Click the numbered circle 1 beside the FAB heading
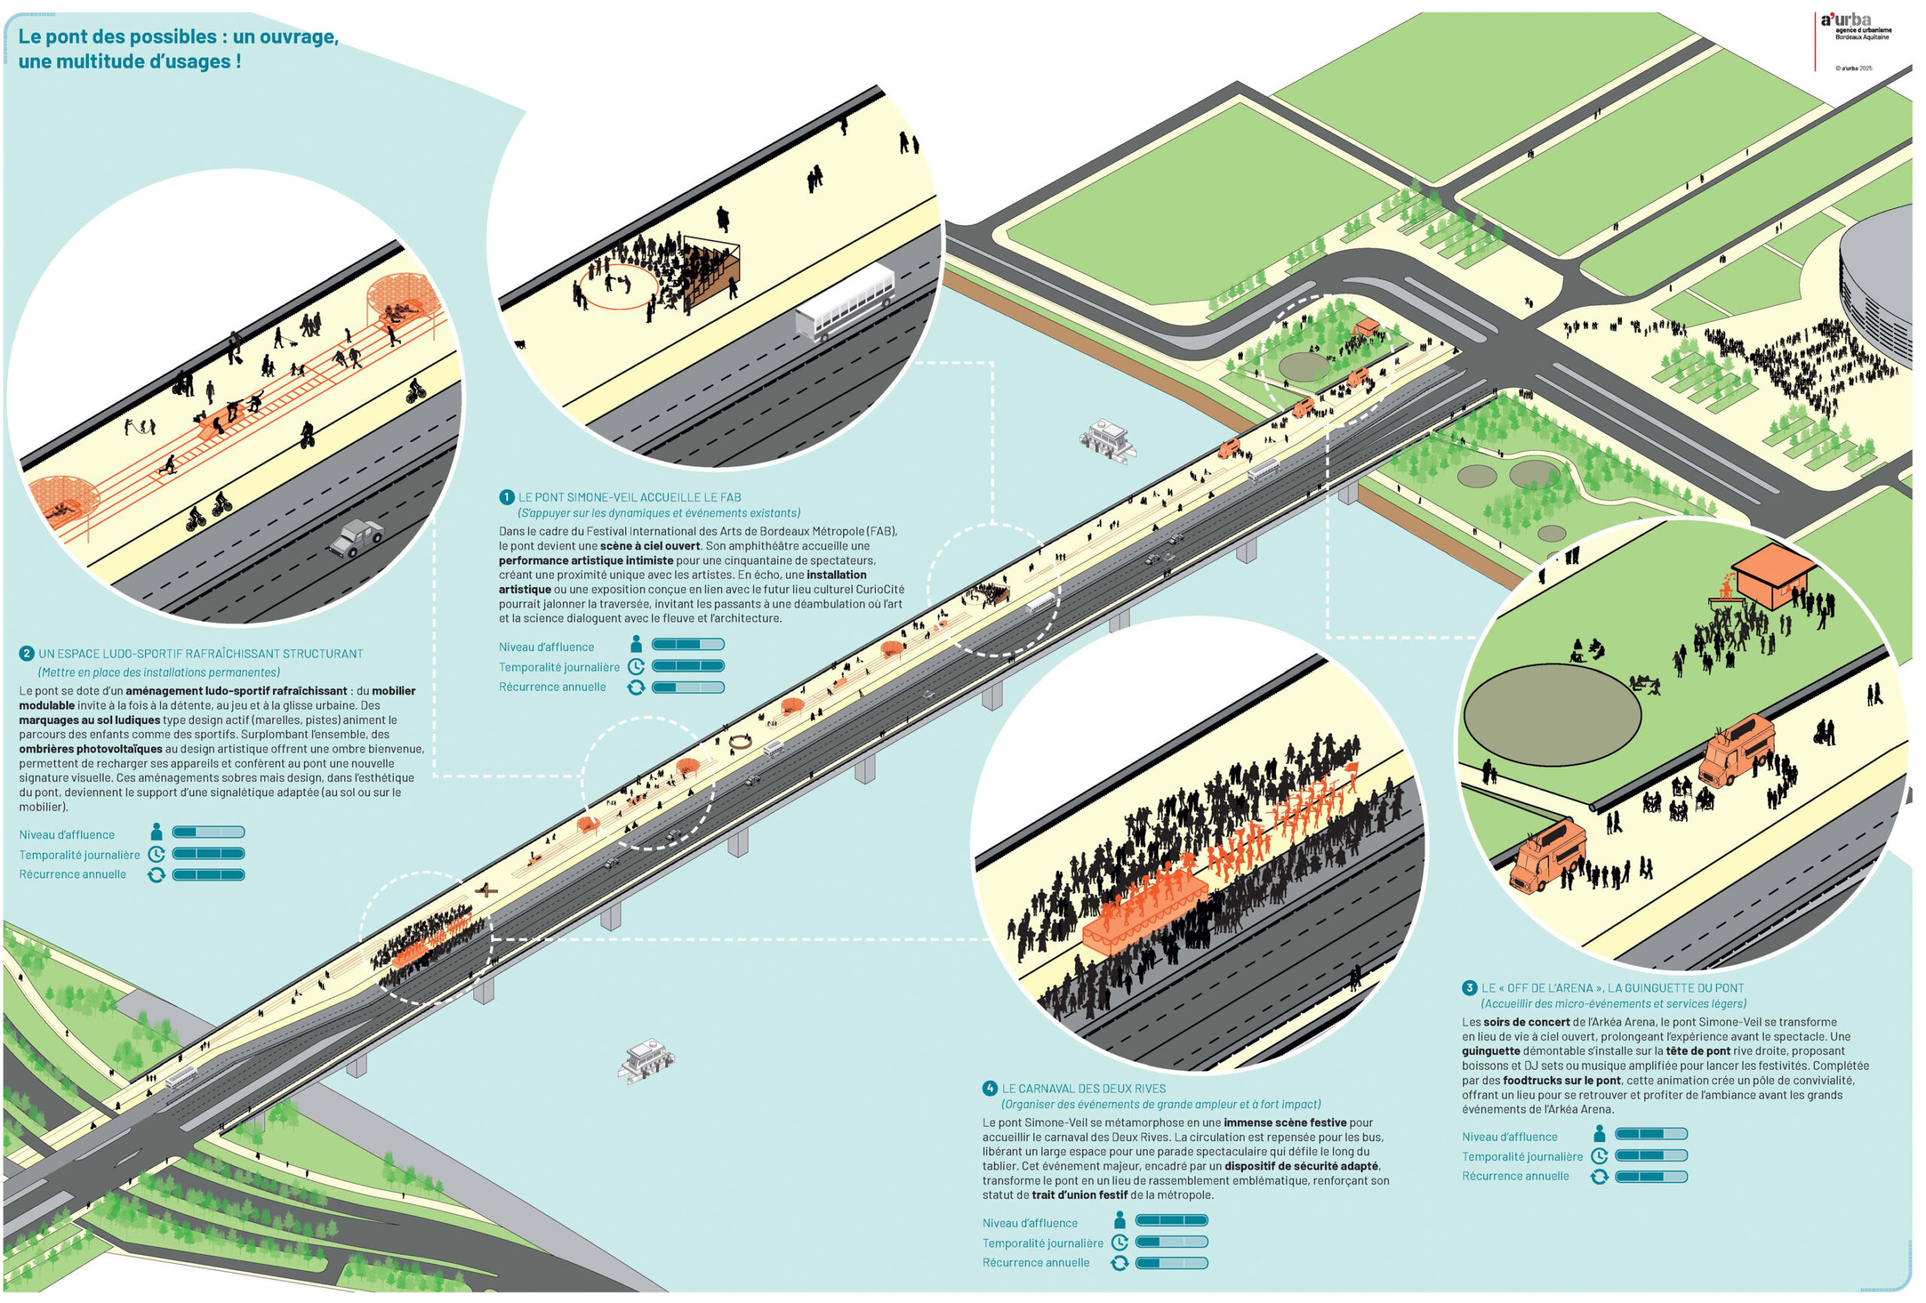click(x=507, y=497)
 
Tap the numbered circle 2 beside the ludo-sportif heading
click(x=26, y=654)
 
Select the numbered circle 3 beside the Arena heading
click(x=1469, y=988)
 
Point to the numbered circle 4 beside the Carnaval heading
click(x=989, y=1089)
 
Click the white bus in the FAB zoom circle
click(x=846, y=301)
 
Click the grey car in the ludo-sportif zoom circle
click(x=357, y=538)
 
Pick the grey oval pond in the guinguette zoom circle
click(x=1551, y=715)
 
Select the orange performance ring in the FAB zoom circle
click(x=618, y=287)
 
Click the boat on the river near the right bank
click(x=1108, y=439)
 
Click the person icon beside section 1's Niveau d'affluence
click(x=636, y=645)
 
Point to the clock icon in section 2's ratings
click(x=156, y=855)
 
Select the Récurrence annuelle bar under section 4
click(x=1171, y=1263)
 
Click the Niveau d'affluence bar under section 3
click(x=1651, y=1134)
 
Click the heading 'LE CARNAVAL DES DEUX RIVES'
click(x=1083, y=1089)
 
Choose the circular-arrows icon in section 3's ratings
click(x=1599, y=1176)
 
